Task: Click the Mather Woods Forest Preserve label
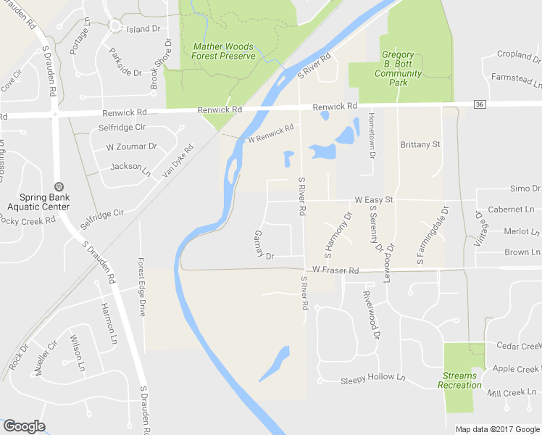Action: tap(224, 51)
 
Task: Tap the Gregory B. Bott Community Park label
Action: tap(398, 69)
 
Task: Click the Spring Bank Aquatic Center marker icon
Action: tap(59, 187)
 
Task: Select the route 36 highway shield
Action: tap(480, 105)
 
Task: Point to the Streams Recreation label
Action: tap(459, 381)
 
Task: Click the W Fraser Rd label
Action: tap(335, 270)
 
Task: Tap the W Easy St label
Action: tap(373, 199)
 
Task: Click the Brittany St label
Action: tap(420, 145)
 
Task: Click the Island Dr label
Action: tap(143, 29)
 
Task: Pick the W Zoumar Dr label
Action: tap(131, 146)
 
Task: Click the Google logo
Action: tap(24, 427)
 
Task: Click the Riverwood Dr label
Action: tap(370, 316)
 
